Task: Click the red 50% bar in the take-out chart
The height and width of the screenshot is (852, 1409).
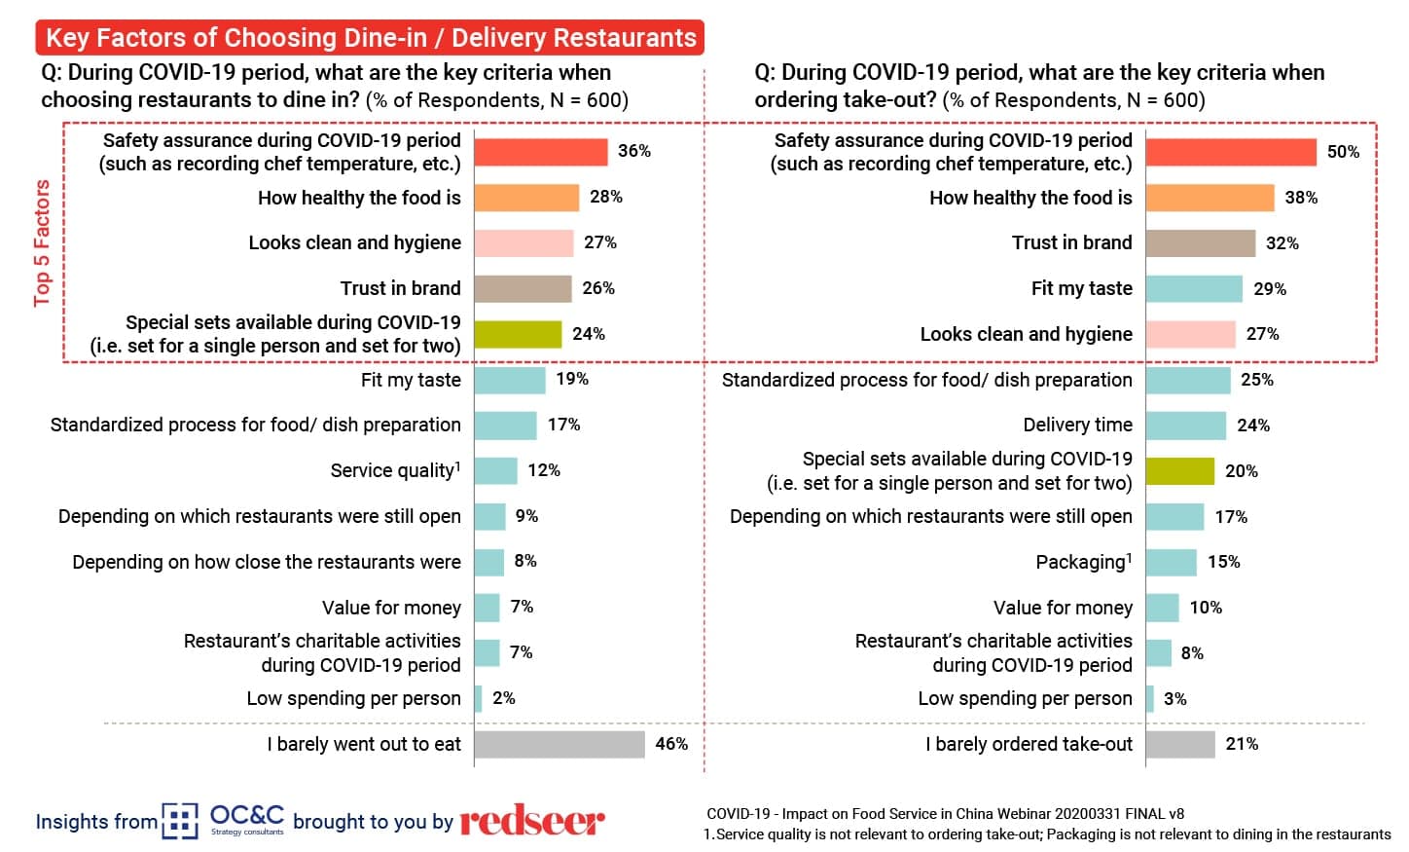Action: tap(1231, 152)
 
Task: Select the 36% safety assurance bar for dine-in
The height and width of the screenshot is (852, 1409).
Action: tap(541, 152)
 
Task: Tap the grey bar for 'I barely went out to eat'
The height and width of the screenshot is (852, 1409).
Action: tap(560, 744)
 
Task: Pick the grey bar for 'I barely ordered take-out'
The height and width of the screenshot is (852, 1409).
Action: tap(1180, 744)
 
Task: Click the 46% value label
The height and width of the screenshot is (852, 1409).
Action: tap(671, 744)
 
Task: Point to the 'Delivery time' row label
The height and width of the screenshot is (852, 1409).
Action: tap(1077, 425)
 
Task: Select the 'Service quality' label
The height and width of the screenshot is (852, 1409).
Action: tap(395, 470)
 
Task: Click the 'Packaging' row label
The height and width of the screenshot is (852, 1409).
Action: tap(1083, 562)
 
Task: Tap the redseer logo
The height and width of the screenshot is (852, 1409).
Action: tap(532, 821)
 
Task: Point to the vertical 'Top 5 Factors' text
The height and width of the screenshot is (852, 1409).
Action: tap(42, 242)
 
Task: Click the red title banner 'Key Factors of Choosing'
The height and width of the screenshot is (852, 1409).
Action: tap(370, 38)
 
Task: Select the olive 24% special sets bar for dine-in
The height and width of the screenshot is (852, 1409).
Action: tap(518, 334)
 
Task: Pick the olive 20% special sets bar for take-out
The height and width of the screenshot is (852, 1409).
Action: tap(1179, 470)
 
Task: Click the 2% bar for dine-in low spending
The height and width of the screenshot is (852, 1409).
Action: tap(478, 698)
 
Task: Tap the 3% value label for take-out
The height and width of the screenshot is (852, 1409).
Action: tap(1174, 698)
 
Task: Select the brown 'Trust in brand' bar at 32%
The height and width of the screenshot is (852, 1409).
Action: tap(1200, 242)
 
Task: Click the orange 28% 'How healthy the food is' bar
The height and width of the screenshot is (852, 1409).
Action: tap(526, 198)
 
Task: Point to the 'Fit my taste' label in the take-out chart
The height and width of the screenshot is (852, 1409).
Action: tap(1081, 288)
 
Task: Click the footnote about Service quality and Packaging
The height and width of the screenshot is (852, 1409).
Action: tap(1047, 834)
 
